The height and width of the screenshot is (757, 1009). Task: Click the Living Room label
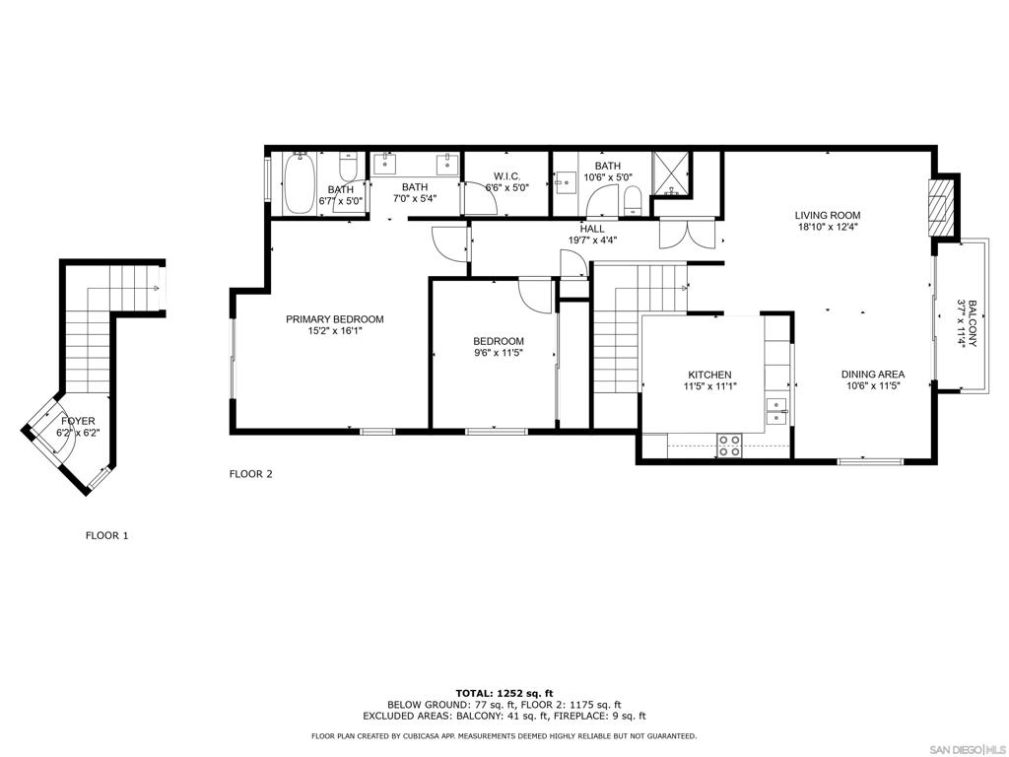coord(827,215)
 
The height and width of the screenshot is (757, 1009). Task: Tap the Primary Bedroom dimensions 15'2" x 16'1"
coord(335,331)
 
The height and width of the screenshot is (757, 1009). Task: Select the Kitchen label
coord(709,375)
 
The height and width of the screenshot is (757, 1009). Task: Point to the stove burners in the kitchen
coord(730,446)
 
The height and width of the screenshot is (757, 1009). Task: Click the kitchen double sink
coord(776,411)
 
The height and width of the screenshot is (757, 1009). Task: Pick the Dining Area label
coord(873,374)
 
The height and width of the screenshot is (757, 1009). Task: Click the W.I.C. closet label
coord(507,176)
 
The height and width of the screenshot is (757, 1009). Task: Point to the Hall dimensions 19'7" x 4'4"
coord(592,241)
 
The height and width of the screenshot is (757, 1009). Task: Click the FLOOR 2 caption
coord(251,474)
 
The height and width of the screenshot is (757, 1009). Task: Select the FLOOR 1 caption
coord(107,535)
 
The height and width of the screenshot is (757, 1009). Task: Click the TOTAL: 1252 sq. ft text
coord(504,693)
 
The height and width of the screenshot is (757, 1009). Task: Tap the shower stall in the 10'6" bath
coord(670,173)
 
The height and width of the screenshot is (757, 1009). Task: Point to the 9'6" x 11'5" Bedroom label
coord(499,347)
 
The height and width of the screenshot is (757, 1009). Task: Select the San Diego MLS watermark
coord(970,750)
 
